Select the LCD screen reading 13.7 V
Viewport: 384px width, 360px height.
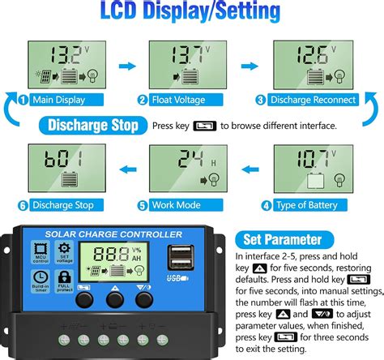point(193,66)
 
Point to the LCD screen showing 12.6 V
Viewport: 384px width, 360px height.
point(318,66)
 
